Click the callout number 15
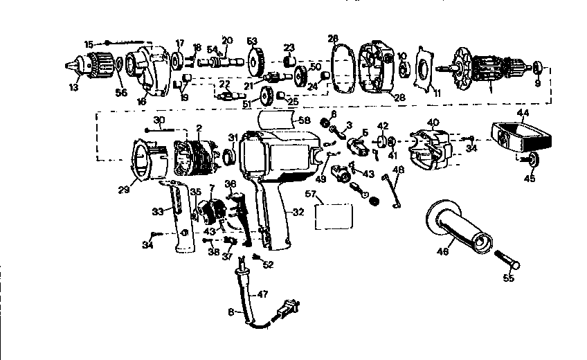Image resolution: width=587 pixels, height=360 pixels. point(89,44)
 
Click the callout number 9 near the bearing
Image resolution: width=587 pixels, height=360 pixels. point(538,84)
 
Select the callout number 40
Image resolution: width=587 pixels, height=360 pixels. point(433,123)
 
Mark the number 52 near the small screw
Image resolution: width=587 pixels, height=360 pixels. point(268,264)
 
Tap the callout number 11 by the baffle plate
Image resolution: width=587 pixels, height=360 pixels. point(435,91)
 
